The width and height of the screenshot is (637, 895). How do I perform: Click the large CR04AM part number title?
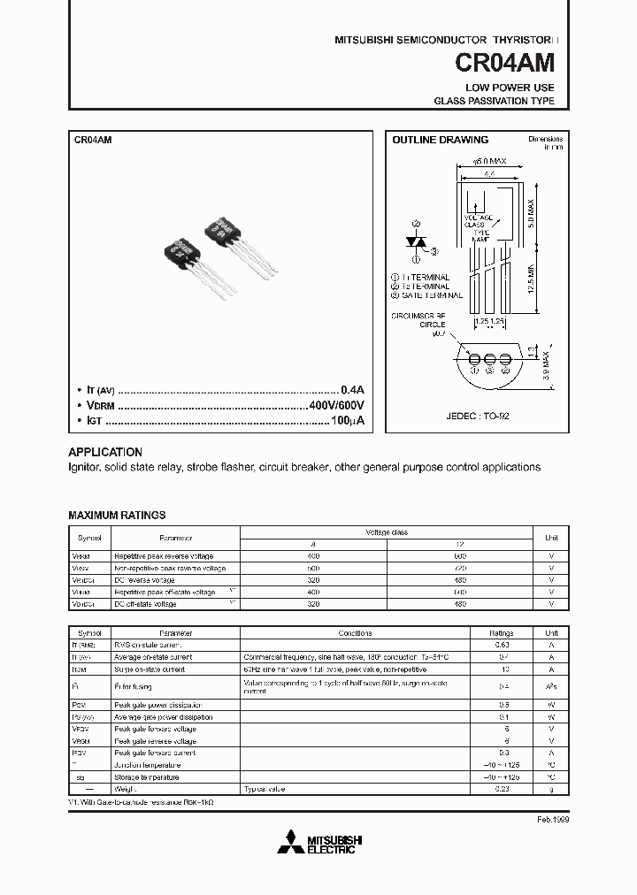pyautogui.click(x=504, y=64)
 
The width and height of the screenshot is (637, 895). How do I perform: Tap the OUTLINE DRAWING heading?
pyautogui.click(x=440, y=140)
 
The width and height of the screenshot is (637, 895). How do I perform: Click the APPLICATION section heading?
pyautogui.click(x=105, y=451)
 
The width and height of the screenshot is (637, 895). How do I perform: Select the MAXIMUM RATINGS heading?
pyautogui.click(x=117, y=515)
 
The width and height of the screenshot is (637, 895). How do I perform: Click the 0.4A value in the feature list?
pyautogui.click(x=352, y=389)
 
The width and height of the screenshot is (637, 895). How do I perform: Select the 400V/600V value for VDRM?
pyautogui.click(x=335, y=405)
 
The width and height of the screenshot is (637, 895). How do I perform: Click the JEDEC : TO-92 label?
pyautogui.click(x=478, y=415)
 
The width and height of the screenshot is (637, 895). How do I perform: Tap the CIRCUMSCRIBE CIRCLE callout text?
pyautogui.click(x=421, y=319)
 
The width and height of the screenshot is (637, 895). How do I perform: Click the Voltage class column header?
pyautogui.click(x=387, y=532)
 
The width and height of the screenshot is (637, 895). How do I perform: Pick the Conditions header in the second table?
pyautogui.click(x=355, y=633)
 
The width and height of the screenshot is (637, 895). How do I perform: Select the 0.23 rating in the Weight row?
pyautogui.click(x=502, y=788)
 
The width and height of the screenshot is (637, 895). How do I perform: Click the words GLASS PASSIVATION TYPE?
pyautogui.click(x=494, y=102)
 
